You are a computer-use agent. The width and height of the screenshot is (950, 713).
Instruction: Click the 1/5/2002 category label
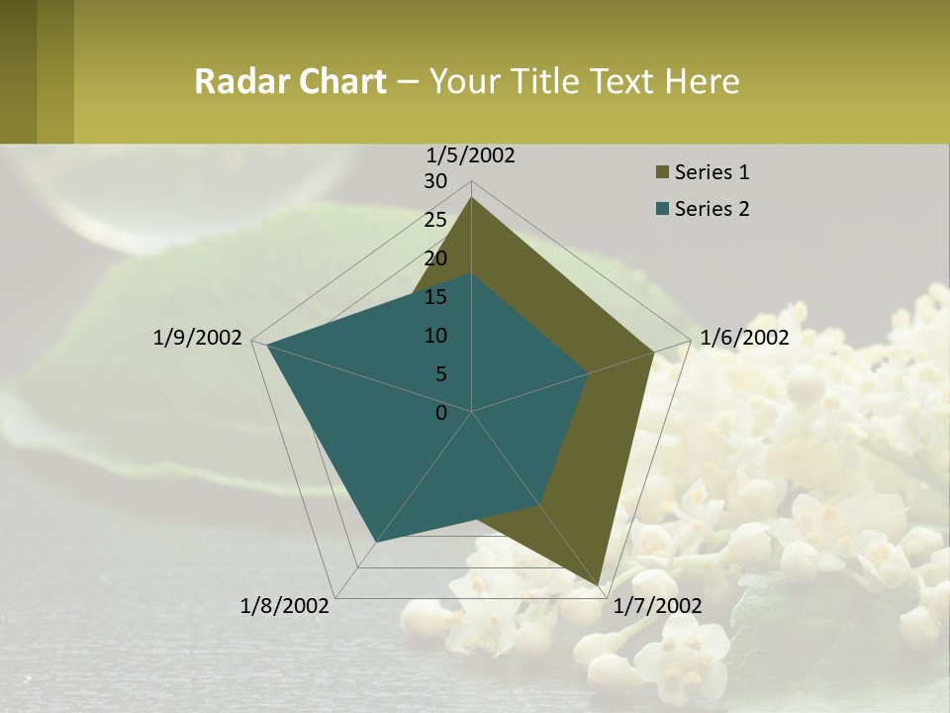click(471, 155)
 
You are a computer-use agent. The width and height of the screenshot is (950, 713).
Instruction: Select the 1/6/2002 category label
click(744, 338)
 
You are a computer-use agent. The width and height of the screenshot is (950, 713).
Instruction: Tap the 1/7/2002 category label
click(657, 605)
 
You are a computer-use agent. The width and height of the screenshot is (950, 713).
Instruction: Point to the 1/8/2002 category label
click(285, 605)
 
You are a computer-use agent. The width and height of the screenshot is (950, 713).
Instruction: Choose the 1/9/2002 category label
click(198, 338)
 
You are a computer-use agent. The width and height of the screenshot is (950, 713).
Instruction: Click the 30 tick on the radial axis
click(435, 181)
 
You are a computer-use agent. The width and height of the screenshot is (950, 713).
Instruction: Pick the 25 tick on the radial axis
click(435, 220)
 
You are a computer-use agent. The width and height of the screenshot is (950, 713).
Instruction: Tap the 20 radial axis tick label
click(435, 258)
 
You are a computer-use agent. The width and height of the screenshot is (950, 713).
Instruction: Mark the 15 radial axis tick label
click(435, 297)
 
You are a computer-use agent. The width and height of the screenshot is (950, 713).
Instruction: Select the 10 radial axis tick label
click(435, 336)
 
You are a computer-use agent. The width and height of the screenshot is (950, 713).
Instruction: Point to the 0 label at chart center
click(441, 413)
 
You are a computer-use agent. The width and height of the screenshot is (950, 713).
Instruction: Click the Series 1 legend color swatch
click(662, 173)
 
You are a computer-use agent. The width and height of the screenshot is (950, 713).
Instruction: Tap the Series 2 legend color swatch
click(662, 209)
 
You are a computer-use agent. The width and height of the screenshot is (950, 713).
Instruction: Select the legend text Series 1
click(712, 172)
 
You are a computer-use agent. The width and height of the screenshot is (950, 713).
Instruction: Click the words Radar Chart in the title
click(290, 81)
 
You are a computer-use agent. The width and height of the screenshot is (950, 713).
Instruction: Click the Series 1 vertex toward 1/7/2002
click(599, 584)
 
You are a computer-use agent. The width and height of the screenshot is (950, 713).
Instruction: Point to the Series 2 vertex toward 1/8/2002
click(376, 542)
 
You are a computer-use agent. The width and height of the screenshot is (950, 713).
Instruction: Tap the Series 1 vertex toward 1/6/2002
click(653, 352)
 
